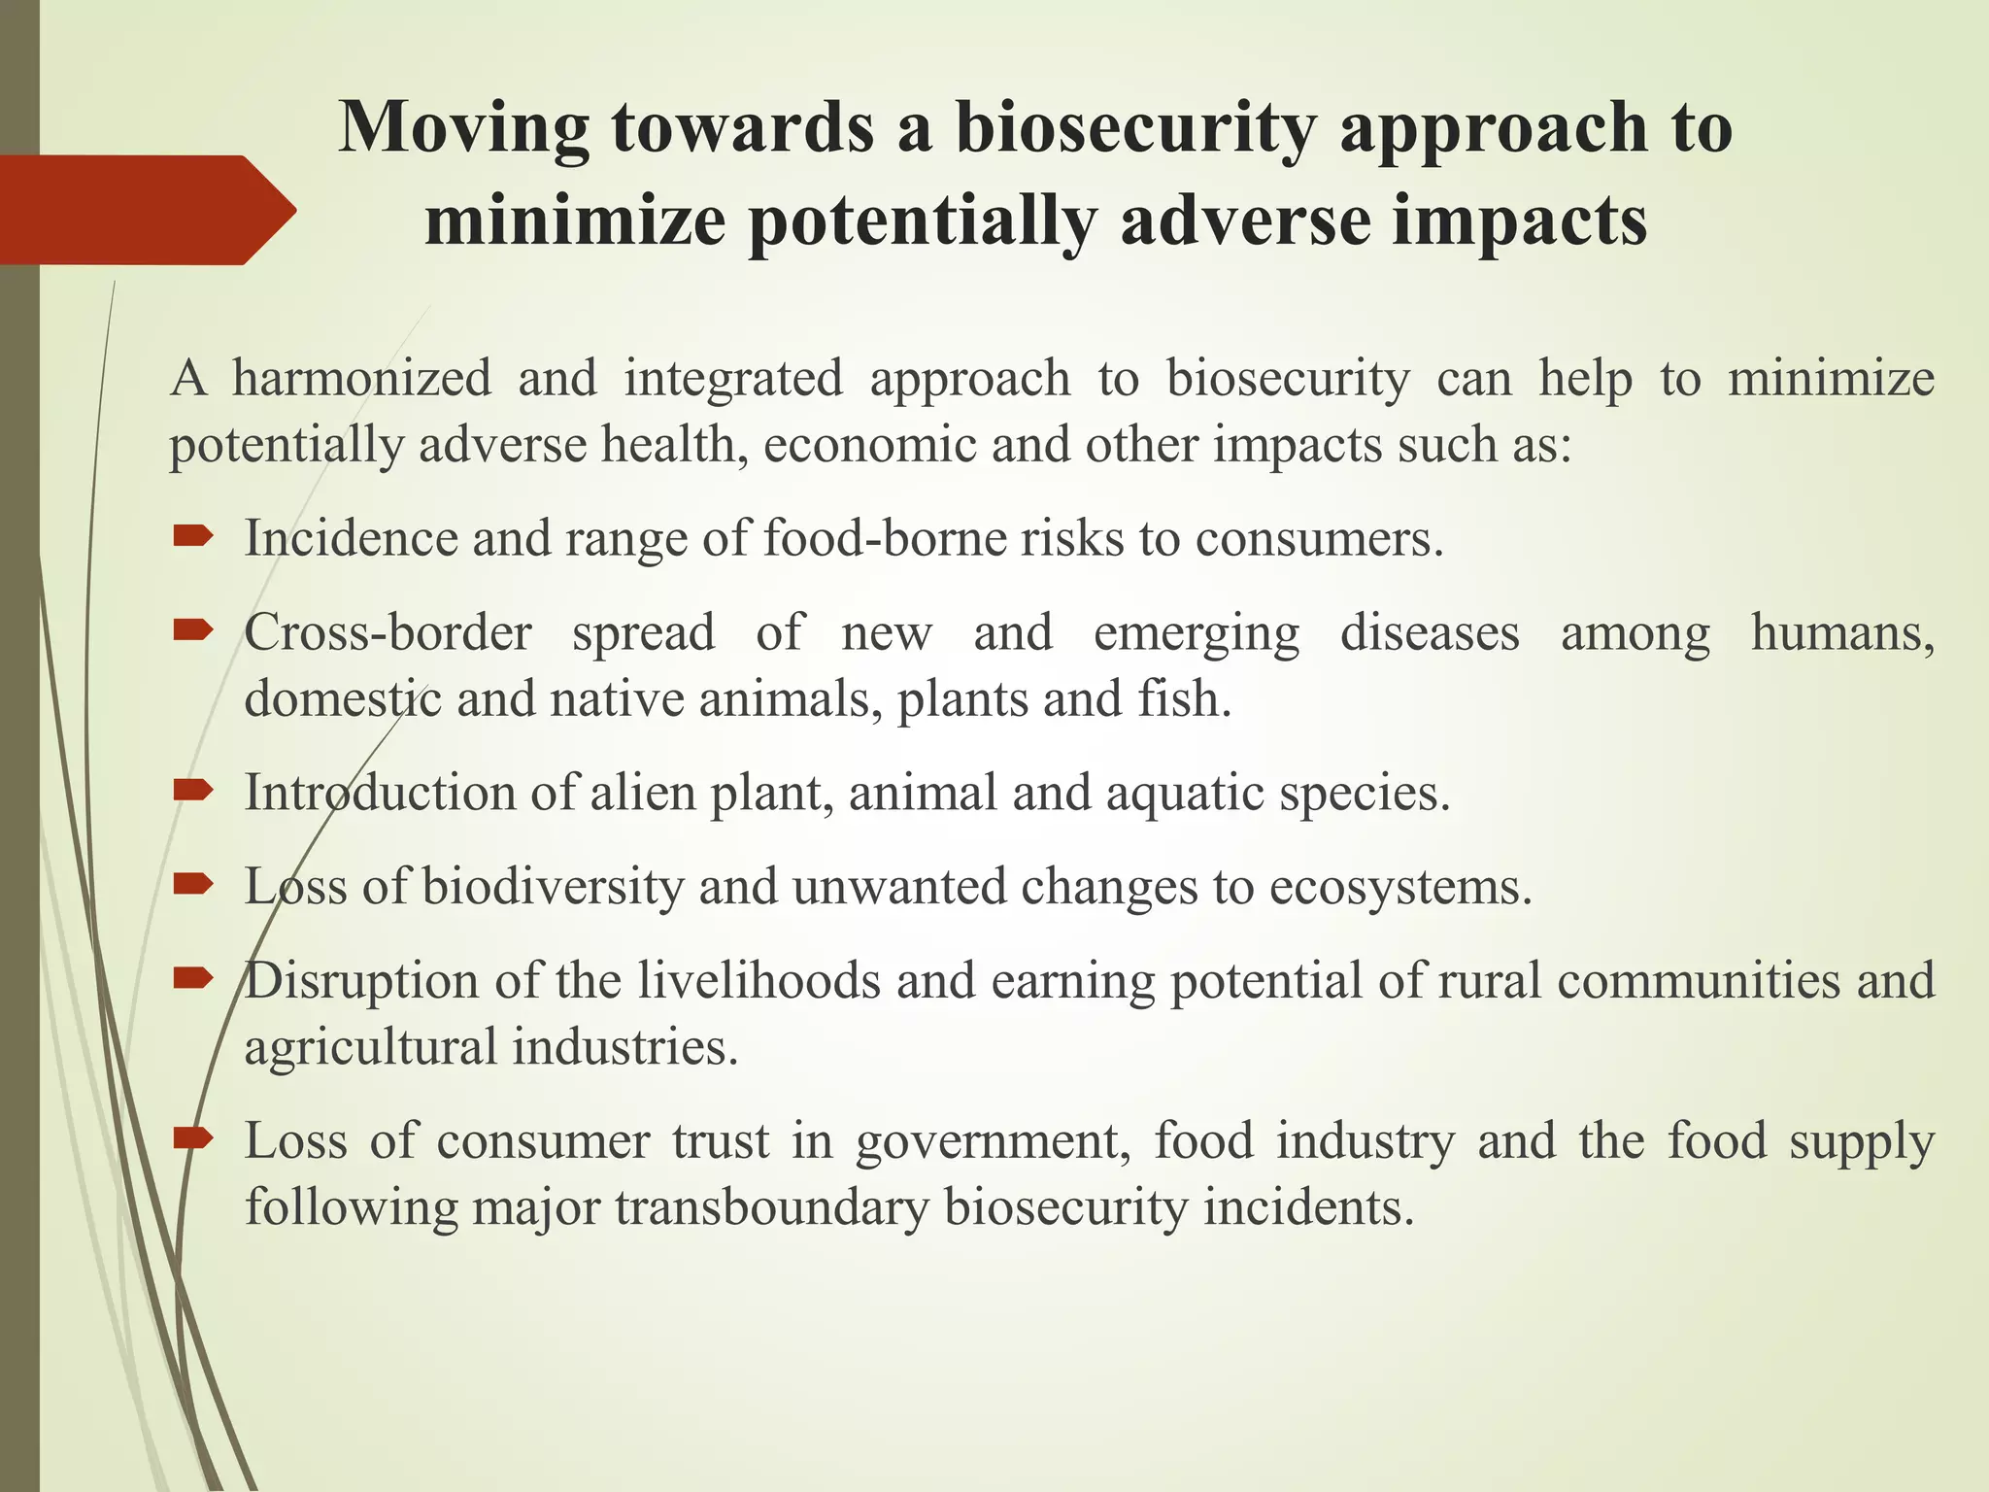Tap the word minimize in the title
click(x=575, y=221)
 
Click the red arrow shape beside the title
click(x=146, y=210)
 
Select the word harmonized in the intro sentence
click(x=361, y=378)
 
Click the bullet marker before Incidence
click(x=192, y=535)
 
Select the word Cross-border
click(x=388, y=633)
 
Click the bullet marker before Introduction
click(x=192, y=790)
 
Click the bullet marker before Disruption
click(x=192, y=978)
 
